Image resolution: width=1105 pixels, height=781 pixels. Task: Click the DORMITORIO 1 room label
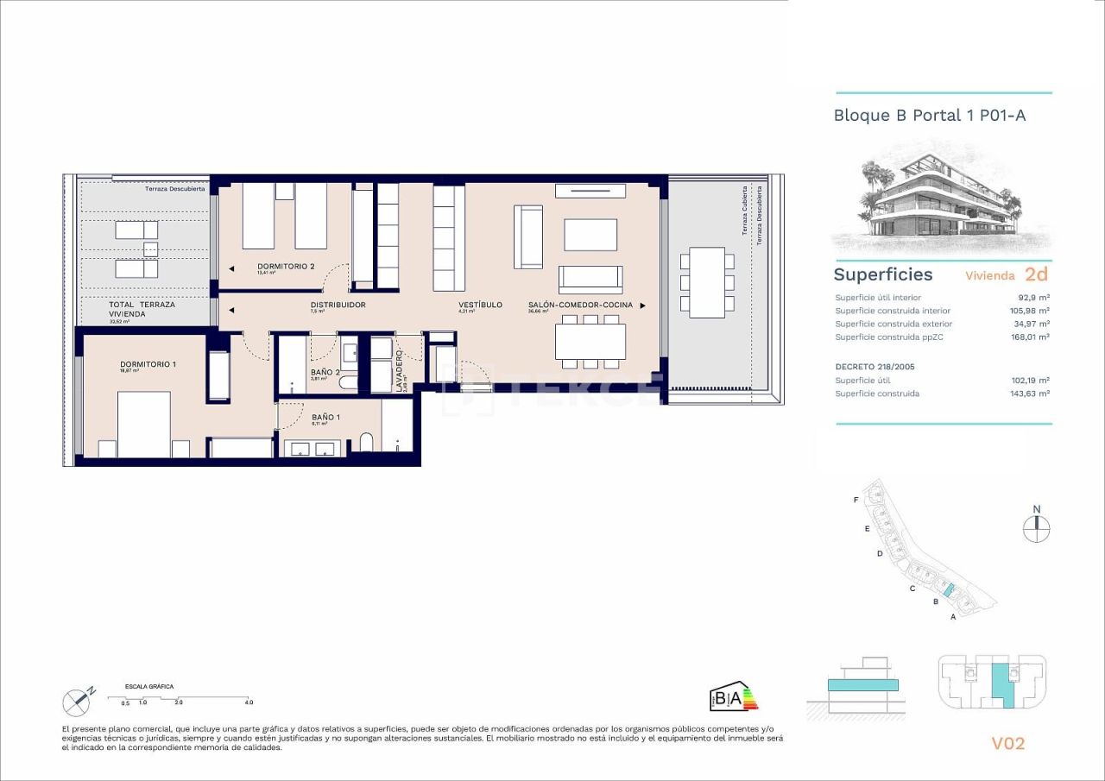148,364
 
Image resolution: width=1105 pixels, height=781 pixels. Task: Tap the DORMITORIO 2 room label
285,266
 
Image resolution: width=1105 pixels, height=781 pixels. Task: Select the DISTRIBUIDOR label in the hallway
338,305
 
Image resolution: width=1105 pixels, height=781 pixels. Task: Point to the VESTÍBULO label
480,305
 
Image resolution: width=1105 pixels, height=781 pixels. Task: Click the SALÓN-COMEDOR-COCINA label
580,305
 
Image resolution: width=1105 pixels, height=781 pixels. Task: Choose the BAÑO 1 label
325,418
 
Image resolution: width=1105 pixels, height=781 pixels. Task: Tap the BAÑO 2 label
324,373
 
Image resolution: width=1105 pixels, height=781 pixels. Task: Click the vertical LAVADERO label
399,371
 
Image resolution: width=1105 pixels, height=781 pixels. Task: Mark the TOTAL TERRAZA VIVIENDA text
142,310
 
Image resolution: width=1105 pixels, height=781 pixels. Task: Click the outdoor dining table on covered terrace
707,282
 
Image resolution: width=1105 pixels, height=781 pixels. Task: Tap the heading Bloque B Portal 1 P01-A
929,115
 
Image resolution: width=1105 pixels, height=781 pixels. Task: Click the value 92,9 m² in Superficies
1033,297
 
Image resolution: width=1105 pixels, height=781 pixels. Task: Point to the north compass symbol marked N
1036,526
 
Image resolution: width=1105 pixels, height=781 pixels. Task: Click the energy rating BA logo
732,697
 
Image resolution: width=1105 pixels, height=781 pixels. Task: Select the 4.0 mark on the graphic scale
249,702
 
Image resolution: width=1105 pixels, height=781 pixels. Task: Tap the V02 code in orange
1007,743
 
